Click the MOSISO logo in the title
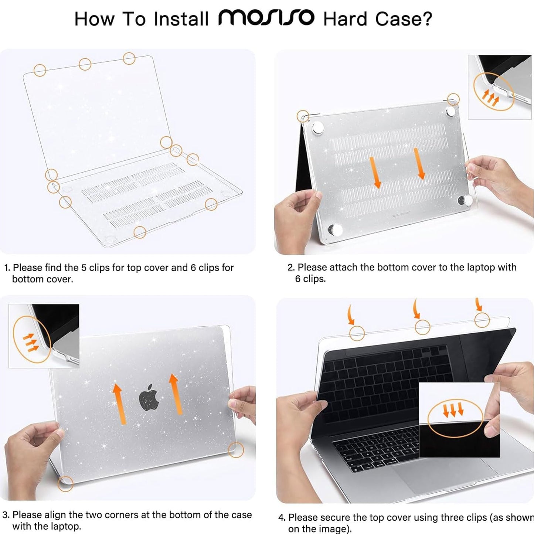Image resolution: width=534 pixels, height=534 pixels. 266,18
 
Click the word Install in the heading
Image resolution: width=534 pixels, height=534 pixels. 181,19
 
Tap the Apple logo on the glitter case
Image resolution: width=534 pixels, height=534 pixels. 149,398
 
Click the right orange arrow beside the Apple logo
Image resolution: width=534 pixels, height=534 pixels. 176,394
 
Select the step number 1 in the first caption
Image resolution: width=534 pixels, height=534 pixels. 7,268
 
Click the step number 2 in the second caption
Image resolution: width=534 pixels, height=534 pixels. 291,267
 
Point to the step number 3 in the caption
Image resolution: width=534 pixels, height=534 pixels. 5,515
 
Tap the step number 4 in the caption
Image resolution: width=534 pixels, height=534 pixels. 281,517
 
